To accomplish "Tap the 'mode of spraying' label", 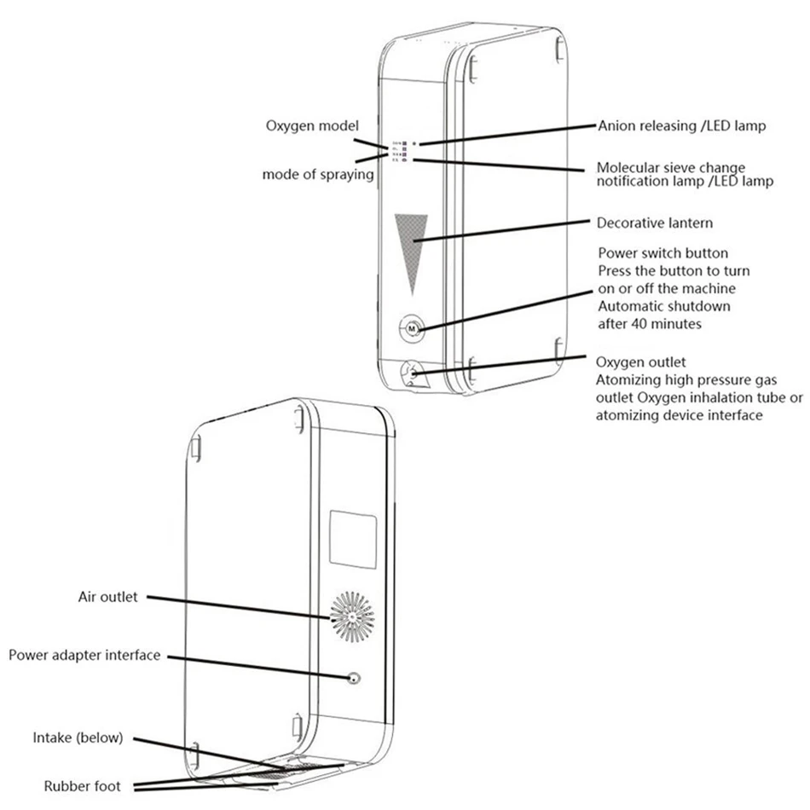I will coord(318,175).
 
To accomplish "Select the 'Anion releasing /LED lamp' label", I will coord(680,125).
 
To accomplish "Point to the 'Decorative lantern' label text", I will coord(654,223).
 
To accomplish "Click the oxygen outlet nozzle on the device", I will coord(412,373).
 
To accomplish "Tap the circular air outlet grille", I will coord(351,615).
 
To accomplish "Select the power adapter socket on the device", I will coord(354,679).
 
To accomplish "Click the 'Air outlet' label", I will coord(108,597).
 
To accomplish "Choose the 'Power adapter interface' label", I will coord(84,655).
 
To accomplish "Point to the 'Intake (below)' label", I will coord(78,737).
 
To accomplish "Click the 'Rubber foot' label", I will coord(82,785).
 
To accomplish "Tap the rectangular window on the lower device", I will coord(353,539).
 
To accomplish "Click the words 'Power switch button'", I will coord(662,253).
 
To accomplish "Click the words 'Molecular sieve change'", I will coord(669,167).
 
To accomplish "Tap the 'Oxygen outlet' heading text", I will coord(640,362).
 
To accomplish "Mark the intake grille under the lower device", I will coord(290,771).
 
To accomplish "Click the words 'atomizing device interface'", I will coord(680,415).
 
